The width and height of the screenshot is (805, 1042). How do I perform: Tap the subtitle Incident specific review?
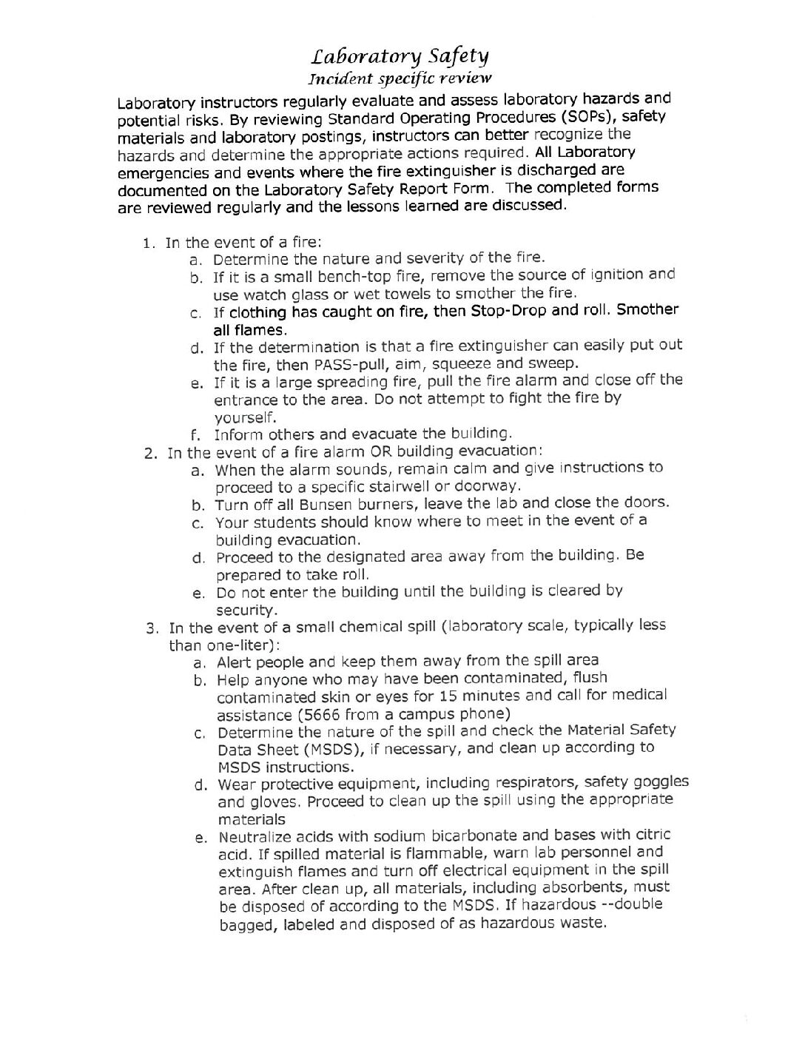tap(400, 78)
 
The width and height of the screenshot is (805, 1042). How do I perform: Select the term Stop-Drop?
tap(505, 310)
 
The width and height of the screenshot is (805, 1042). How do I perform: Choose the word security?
tap(246, 610)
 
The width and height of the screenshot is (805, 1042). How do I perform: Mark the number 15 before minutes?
tap(448, 696)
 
